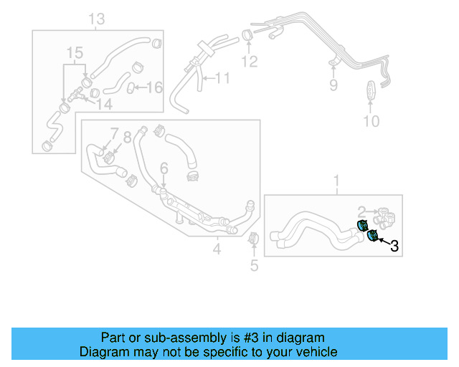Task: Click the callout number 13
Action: point(97,18)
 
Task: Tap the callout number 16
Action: point(154,87)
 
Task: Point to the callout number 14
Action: point(105,105)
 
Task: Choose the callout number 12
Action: point(249,62)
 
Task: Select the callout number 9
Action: point(333,86)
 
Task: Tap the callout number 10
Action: point(370,121)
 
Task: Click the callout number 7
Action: point(113,134)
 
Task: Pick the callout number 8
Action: point(128,136)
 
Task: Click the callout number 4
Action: point(217,249)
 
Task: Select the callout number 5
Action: point(253,267)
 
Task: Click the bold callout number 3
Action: point(394,247)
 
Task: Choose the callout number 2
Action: point(362,211)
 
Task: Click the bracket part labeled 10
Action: point(370,93)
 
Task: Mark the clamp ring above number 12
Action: point(246,34)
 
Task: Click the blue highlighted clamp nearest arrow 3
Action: point(372,236)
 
